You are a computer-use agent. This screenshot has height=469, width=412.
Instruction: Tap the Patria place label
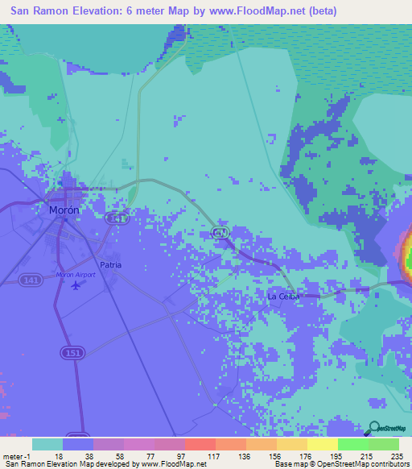(110, 264)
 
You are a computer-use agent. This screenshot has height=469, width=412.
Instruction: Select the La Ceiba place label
(283, 297)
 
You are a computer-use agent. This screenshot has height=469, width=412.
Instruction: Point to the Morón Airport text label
(76, 275)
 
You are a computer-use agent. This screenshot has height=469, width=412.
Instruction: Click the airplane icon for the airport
(76, 284)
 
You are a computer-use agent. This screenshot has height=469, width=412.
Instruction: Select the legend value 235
(396, 455)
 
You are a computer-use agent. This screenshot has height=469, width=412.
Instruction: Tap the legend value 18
(59, 455)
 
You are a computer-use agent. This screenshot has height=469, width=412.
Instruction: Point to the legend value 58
(120, 455)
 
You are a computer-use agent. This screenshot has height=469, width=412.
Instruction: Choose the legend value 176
(304, 455)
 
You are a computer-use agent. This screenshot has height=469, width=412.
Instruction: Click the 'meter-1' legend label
(16, 455)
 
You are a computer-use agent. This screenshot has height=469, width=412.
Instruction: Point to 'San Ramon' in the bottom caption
(22, 464)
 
